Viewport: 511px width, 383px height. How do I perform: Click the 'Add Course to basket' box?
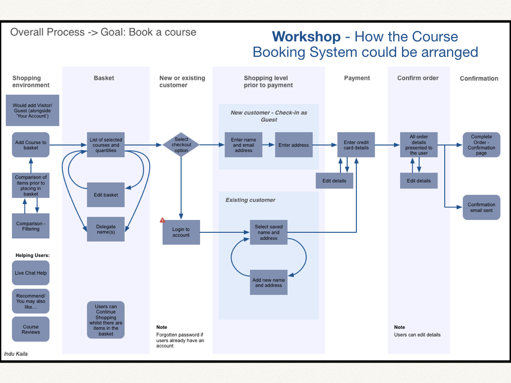[30, 145]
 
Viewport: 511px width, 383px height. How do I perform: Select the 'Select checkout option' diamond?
[181, 145]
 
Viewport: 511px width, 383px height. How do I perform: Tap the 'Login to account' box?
[181, 232]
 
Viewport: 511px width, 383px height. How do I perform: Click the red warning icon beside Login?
[162, 220]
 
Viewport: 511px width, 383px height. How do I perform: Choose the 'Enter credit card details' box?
[356, 145]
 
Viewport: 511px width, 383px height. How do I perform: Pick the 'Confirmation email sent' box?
[481, 207]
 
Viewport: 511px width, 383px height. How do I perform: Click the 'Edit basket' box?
[106, 195]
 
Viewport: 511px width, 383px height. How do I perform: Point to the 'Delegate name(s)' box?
[106, 229]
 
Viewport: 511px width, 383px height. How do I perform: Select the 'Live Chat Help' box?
[30, 273]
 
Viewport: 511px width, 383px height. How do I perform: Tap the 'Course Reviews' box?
[30, 330]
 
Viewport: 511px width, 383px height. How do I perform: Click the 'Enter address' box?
[293, 145]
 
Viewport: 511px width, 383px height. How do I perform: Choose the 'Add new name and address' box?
[268, 283]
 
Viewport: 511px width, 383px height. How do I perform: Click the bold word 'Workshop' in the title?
[306, 37]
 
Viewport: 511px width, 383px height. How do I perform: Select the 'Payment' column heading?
[357, 78]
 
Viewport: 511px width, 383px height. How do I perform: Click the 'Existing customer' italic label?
[250, 200]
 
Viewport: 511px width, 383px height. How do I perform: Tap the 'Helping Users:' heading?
[32, 256]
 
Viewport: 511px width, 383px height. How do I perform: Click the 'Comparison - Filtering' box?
[30, 226]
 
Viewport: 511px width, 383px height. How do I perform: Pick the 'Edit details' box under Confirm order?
[419, 181]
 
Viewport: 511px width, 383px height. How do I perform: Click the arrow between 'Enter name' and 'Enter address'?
[268, 145]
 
